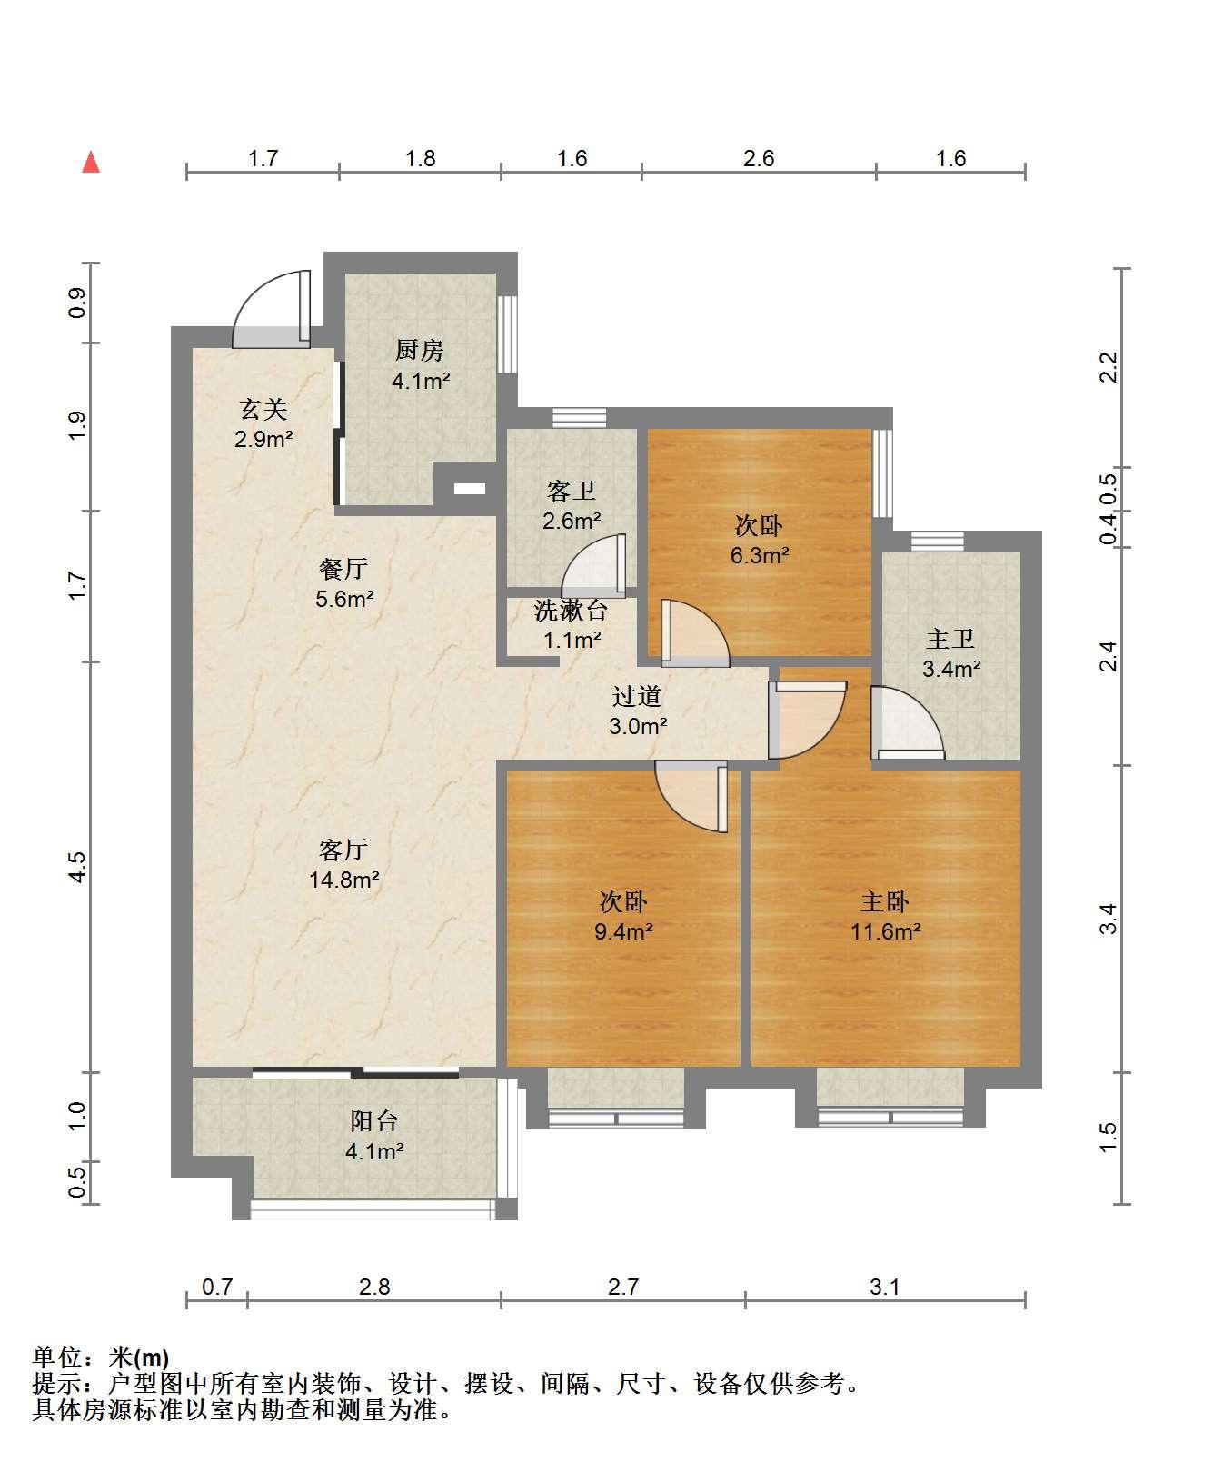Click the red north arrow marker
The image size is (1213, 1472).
[91, 162]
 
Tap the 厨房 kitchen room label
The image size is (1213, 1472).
[419, 351]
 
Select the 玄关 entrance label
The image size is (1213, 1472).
[263, 410]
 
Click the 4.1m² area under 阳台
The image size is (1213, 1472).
[374, 1151]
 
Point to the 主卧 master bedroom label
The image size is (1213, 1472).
[885, 902]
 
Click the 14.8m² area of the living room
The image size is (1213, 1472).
[343, 880]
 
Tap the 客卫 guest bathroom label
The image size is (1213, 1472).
[572, 492]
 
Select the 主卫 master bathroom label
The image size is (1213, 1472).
[950, 640]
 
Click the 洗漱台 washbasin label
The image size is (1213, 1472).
[572, 611]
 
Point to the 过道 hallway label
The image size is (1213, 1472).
[637, 697]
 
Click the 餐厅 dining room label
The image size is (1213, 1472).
[343, 569]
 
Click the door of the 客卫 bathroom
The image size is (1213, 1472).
[594, 565]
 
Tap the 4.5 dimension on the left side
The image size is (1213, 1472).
[79, 867]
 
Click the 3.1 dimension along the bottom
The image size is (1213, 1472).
[885, 1287]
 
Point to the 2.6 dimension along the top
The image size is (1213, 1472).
[759, 159]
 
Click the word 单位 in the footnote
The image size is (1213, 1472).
[55, 1358]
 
